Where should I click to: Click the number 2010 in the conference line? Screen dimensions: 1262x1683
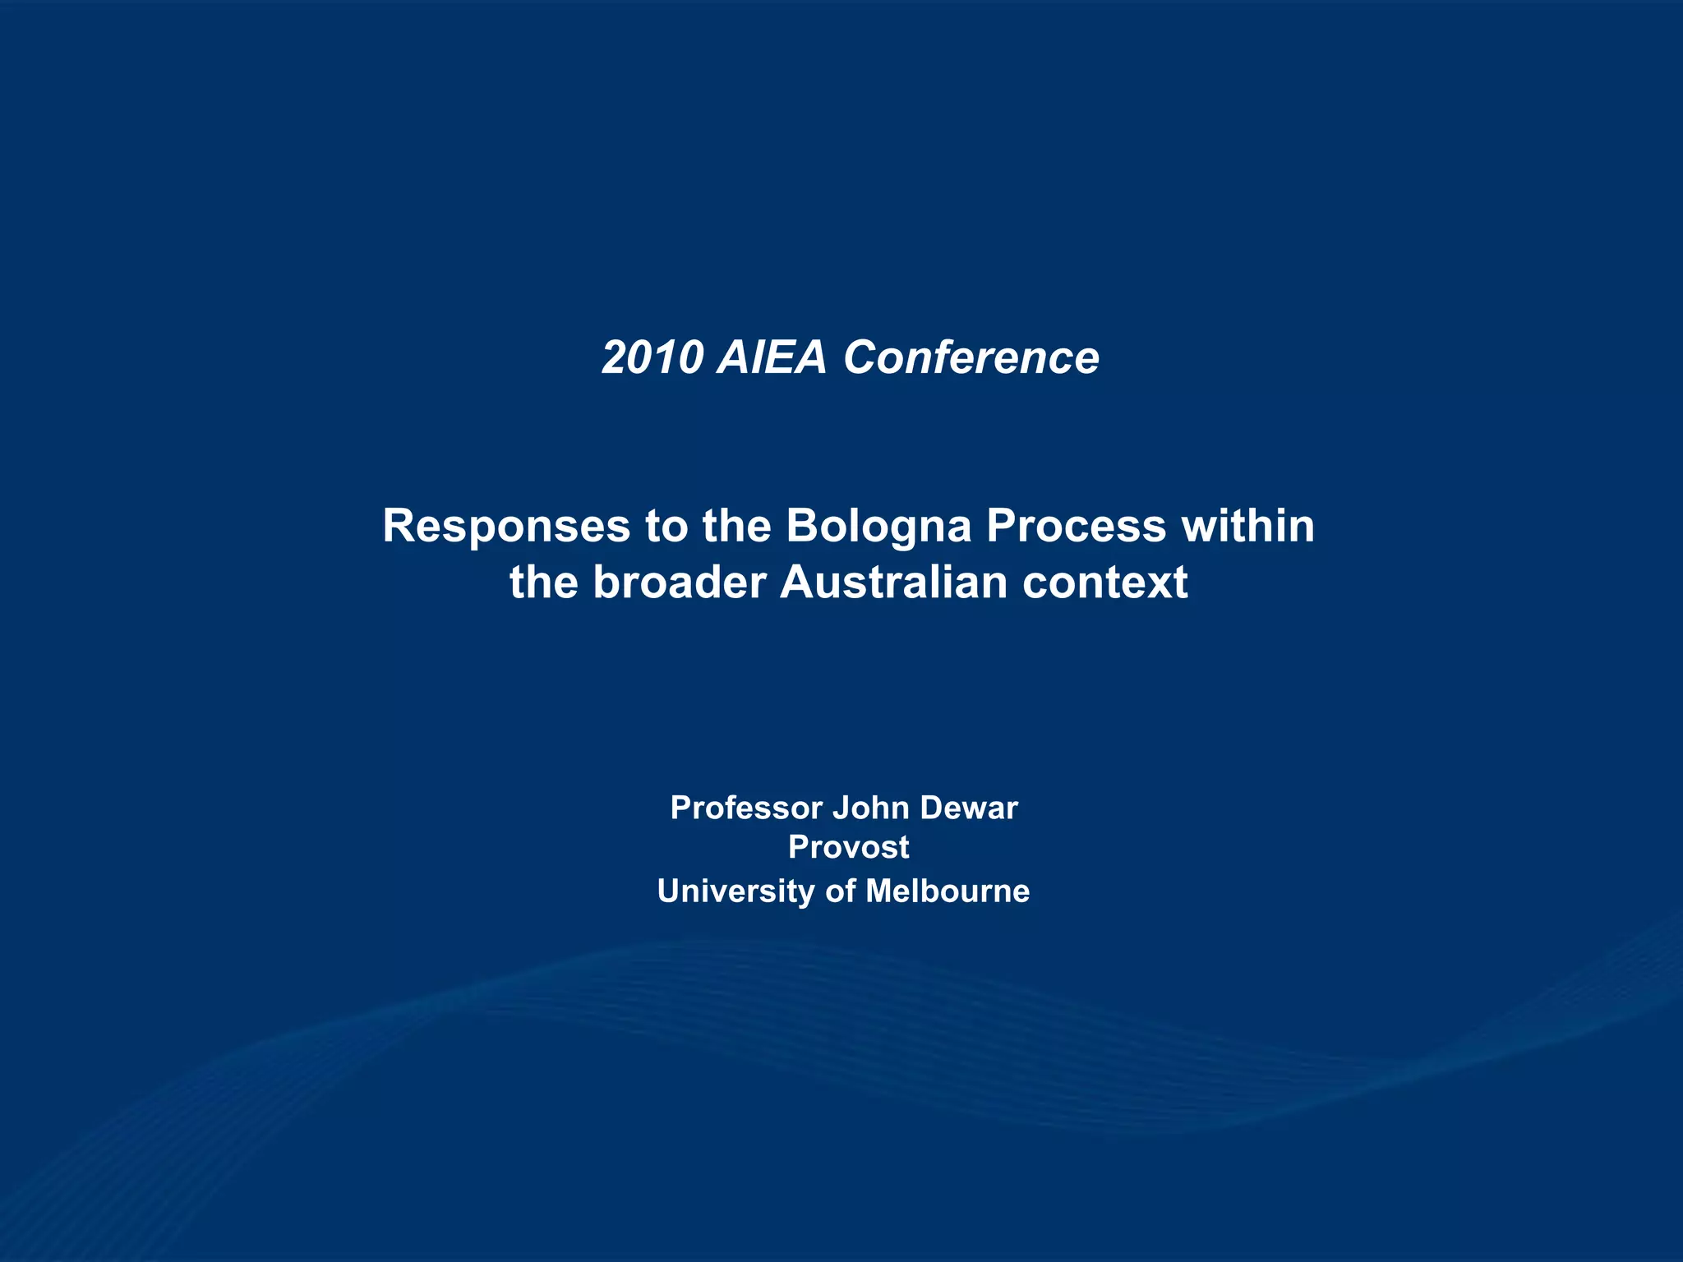tap(652, 357)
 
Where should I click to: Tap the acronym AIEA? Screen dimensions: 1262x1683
tap(771, 357)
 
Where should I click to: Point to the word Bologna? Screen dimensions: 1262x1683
tap(878, 527)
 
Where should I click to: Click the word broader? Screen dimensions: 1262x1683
tap(679, 583)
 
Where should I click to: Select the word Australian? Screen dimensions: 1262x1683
tap(892, 583)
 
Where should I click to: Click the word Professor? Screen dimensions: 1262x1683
tap(746, 808)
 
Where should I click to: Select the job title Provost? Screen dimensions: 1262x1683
tap(848, 847)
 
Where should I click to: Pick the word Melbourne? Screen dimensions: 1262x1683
tap(947, 891)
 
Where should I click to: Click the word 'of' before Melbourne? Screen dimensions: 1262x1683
tap(840, 891)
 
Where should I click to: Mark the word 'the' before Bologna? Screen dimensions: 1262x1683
tap(736, 526)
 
